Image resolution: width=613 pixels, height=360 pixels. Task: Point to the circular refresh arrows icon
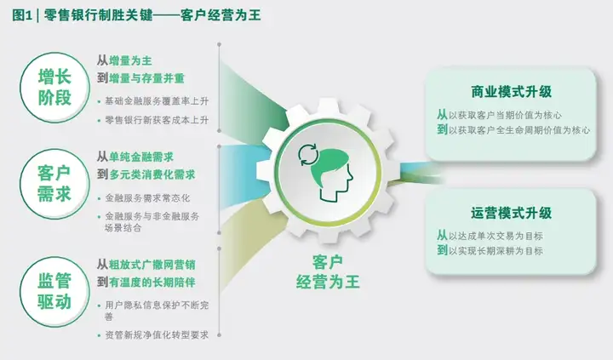click(x=308, y=155)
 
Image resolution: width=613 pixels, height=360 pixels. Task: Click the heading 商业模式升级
click(x=512, y=92)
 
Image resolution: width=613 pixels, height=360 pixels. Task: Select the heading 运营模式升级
click(x=512, y=213)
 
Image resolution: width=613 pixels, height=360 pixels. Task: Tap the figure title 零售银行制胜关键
click(x=98, y=15)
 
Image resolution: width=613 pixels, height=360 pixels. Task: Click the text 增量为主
click(x=130, y=60)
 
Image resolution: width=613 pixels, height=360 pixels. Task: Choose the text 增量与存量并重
click(x=146, y=78)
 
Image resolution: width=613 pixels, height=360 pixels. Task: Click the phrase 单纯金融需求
click(x=141, y=157)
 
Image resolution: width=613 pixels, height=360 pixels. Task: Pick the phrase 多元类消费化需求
click(x=152, y=174)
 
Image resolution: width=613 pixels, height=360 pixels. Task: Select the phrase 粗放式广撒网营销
click(x=152, y=265)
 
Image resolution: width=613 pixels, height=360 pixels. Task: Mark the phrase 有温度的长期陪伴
click(x=152, y=283)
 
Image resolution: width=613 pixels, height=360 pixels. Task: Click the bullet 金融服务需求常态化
click(x=147, y=198)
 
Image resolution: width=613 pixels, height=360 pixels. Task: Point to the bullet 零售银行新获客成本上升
click(x=157, y=120)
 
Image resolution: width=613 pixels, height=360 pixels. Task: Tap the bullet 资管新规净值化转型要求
click(x=157, y=335)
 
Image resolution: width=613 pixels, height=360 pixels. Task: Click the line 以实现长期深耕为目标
click(x=496, y=250)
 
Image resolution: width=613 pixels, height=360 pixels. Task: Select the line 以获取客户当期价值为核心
click(x=505, y=115)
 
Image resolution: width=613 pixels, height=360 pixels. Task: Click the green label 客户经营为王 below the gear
click(x=328, y=272)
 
